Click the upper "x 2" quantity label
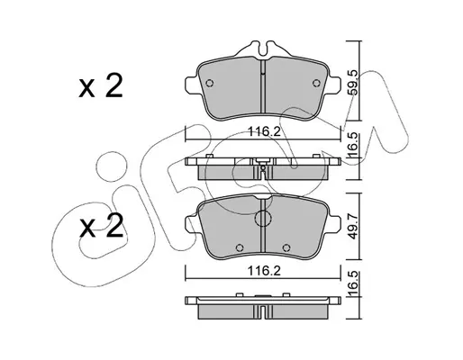tap(101, 86)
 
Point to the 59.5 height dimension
tap(354, 82)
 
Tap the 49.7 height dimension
tap(354, 227)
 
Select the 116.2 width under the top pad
tap(264, 131)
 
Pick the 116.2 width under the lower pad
tap(264, 271)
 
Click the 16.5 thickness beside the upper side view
tap(354, 145)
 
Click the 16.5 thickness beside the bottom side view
tap(354, 283)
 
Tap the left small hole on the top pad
tap(210, 83)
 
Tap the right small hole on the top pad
tap(316, 83)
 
